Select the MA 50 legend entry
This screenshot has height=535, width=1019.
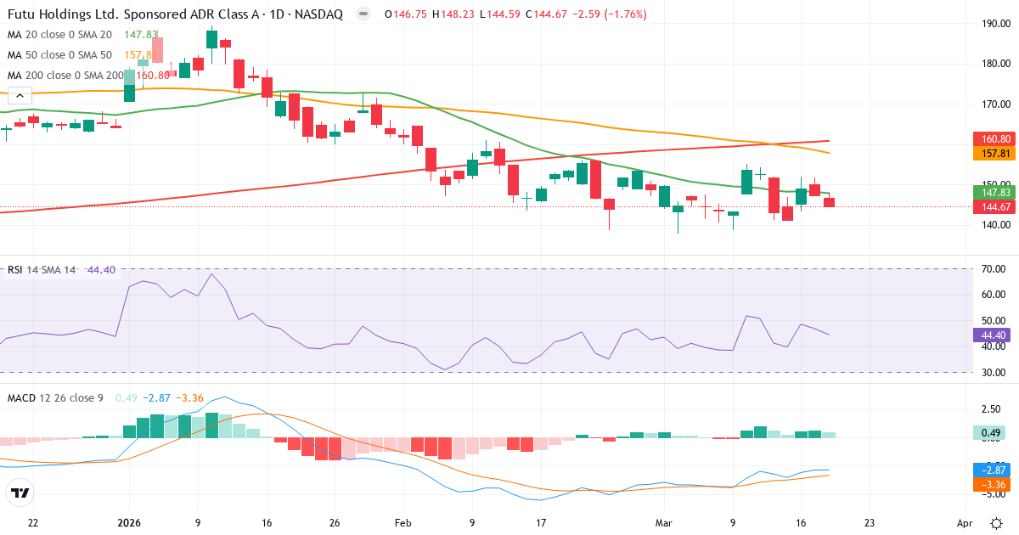click(59, 55)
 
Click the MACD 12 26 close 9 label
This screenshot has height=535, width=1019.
click(55, 397)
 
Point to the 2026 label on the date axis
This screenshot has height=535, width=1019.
click(128, 522)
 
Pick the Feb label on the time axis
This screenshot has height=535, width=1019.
click(403, 522)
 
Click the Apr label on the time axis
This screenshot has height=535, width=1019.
click(965, 522)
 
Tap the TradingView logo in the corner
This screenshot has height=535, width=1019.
click(20, 493)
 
